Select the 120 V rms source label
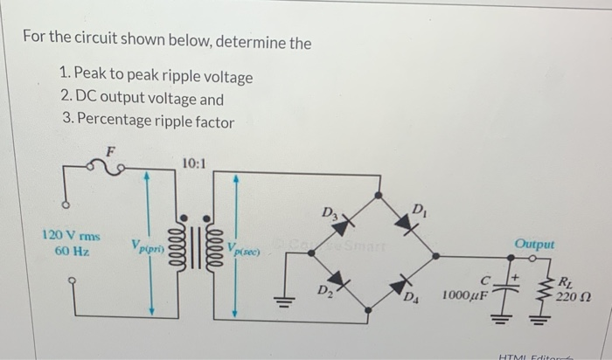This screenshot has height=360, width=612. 71,236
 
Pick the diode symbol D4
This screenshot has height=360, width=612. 404,283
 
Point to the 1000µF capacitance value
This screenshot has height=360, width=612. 464,297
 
